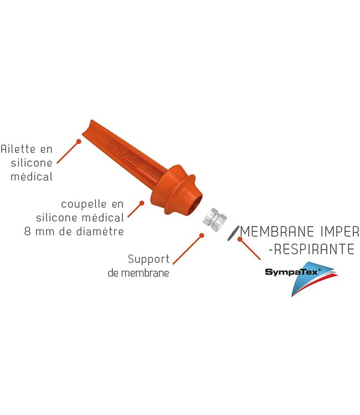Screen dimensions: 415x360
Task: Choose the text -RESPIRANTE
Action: (311, 250)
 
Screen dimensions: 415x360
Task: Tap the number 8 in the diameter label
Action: (28, 231)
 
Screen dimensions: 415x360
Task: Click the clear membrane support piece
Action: (213, 220)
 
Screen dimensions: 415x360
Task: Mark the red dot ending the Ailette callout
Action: (79, 142)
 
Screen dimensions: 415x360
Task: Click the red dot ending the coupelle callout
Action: (142, 203)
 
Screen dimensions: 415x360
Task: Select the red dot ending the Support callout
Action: (201, 236)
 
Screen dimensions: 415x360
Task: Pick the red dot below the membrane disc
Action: (240, 240)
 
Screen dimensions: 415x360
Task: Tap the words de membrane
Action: (138, 273)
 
